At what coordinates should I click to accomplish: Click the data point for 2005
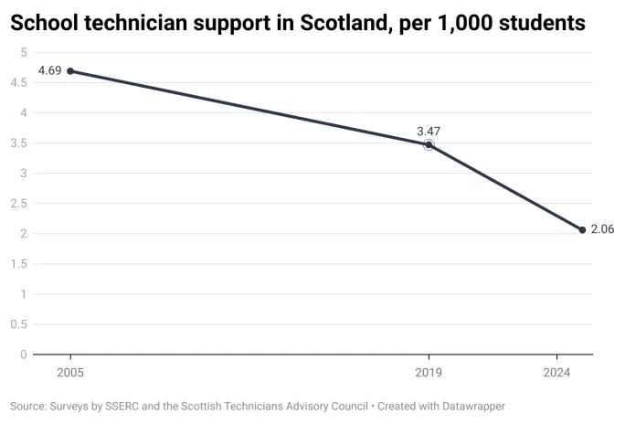(70, 71)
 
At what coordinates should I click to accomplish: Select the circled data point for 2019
(429, 144)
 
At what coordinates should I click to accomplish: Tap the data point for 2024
(582, 230)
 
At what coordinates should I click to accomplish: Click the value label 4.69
(49, 70)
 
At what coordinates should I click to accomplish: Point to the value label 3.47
(429, 130)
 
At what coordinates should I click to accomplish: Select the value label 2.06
(602, 229)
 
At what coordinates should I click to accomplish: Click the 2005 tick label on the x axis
(70, 373)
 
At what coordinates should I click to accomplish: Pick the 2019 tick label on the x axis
(429, 373)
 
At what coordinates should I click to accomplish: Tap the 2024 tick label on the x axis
(556, 373)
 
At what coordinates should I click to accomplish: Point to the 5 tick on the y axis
(23, 52)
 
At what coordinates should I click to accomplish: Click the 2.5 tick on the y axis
(19, 204)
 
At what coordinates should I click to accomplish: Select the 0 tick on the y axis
(23, 354)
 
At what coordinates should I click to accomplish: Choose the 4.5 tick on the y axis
(19, 83)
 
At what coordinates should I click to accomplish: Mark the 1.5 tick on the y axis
(19, 264)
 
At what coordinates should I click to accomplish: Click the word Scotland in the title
(340, 24)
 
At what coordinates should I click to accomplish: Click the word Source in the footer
(29, 406)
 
